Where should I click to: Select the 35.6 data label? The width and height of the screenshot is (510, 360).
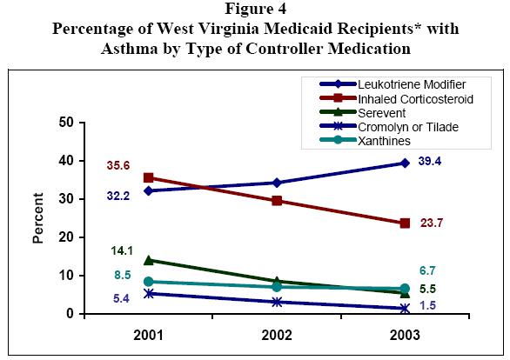point(119,165)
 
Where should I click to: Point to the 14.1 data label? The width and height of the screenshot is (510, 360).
point(123,250)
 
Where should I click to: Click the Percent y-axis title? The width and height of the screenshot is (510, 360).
point(38,218)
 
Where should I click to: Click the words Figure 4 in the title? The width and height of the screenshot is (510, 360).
point(255,10)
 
